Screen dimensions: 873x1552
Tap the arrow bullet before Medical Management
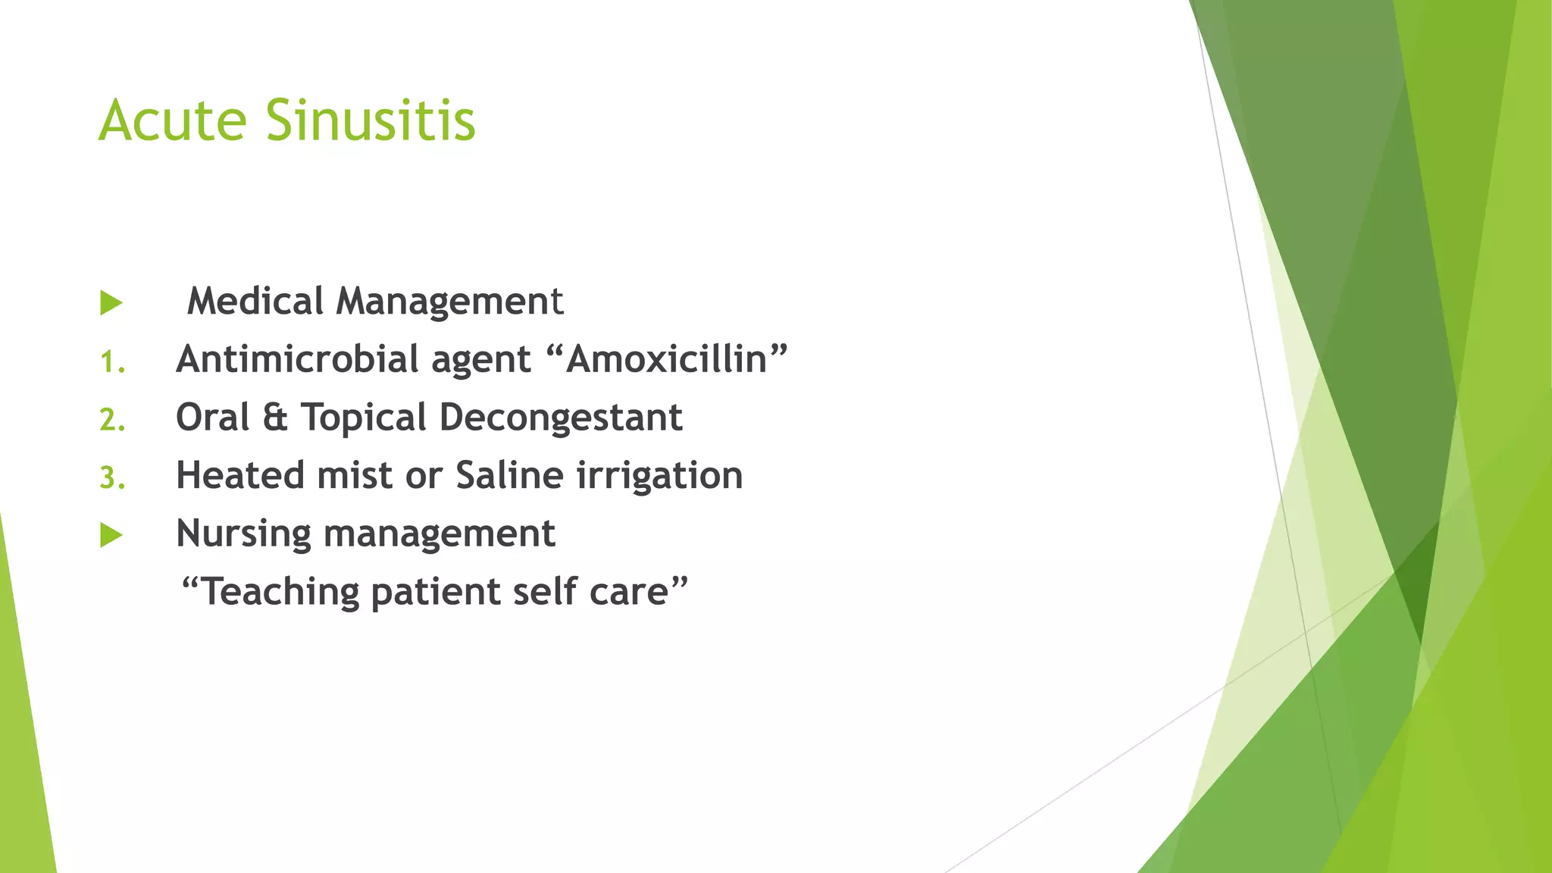[x=111, y=303]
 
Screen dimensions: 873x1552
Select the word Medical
[x=255, y=301]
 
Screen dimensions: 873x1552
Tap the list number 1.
[x=112, y=362]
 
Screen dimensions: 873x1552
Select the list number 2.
[x=112, y=420]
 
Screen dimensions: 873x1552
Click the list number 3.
[x=112, y=478]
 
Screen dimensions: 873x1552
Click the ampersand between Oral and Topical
[x=275, y=418]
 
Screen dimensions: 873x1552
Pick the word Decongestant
[x=561, y=418]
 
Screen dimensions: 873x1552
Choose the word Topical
[x=364, y=418]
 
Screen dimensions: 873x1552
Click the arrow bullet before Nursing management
[x=111, y=536]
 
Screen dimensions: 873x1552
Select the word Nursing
[x=243, y=534]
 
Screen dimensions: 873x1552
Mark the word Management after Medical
[x=450, y=301]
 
